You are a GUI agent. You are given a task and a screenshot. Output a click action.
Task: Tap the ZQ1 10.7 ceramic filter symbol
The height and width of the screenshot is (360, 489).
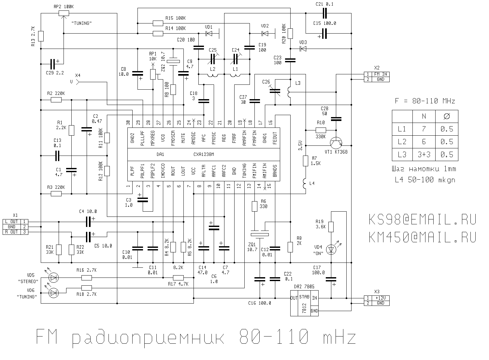pyautogui.click(x=260, y=234)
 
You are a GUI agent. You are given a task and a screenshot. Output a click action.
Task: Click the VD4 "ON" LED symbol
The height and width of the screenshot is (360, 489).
pyautogui.click(x=332, y=249)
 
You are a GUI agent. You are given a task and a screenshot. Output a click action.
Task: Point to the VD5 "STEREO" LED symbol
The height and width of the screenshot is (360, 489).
pyautogui.click(x=53, y=277)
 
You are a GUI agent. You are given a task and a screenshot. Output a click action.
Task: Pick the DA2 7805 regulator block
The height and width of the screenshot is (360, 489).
pyautogui.click(x=304, y=303)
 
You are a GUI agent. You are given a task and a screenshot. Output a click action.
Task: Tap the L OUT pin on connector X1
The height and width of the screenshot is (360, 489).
pyautogui.click(x=12, y=222)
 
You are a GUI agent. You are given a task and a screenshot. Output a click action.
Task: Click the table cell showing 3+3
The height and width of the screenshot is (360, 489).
pyautogui.click(x=424, y=155)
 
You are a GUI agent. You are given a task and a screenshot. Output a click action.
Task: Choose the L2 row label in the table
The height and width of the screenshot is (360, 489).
pyautogui.click(x=402, y=142)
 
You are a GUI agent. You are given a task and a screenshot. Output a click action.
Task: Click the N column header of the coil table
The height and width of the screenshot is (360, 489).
pyautogui.click(x=424, y=116)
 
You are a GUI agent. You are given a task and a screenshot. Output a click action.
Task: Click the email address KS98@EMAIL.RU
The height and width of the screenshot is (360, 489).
pyautogui.click(x=423, y=219)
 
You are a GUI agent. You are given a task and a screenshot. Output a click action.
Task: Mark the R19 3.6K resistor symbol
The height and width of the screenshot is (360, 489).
pyautogui.click(x=331, y=227)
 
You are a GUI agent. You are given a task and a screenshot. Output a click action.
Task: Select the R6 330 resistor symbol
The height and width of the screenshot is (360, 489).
pyautogui.click(x=254, y=206)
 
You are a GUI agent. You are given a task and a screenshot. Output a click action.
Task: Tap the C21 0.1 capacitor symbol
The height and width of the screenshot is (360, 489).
pyautogui.click(x=324, y=13)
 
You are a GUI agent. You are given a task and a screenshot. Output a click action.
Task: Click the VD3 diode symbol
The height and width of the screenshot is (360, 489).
pyautogui.click(x=303, y=49)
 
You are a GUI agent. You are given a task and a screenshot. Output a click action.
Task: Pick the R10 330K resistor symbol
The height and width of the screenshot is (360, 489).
pyautogui.click(x=321, y=130)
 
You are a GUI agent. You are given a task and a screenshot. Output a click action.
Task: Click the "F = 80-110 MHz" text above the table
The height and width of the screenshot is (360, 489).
pyautogui.click(x=425, y=101)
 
